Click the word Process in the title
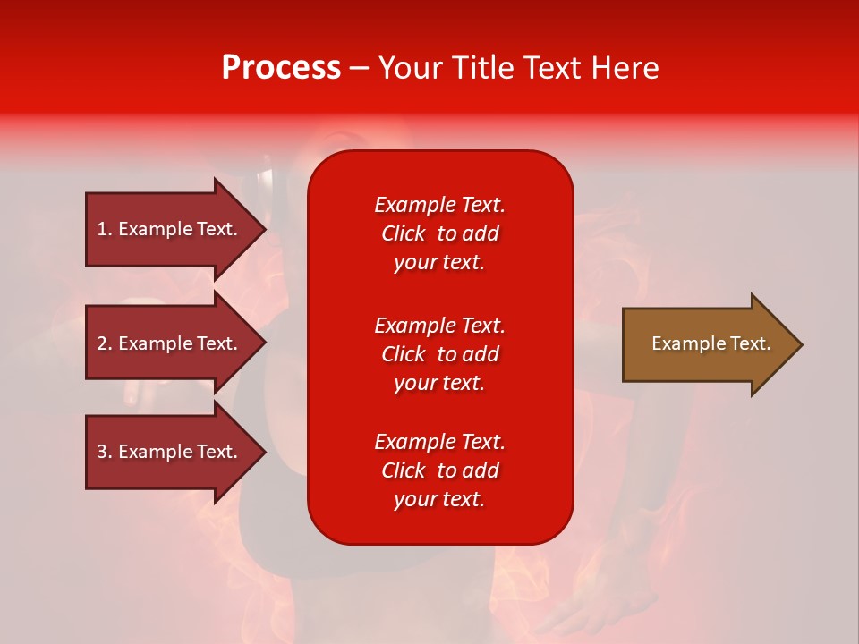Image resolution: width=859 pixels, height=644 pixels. (281, 68)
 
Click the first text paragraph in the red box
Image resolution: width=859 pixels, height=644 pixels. (439, 233)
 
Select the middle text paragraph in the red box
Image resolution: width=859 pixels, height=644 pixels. (439, 354)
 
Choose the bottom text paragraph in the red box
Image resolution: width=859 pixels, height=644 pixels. (439, 470)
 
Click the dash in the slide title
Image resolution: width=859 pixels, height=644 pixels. (359, 69)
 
